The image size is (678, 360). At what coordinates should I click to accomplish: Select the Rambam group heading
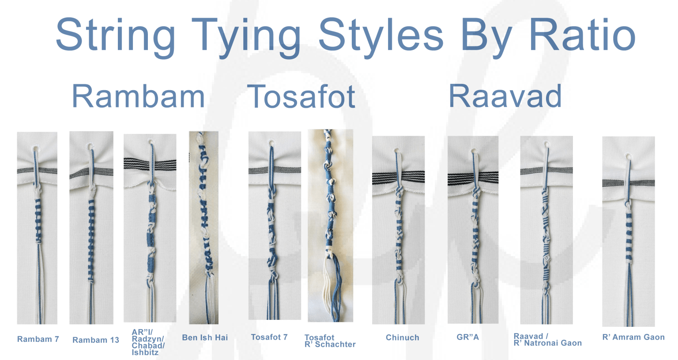click(138, 96)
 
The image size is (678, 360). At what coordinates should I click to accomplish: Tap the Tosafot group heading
click(302, 97)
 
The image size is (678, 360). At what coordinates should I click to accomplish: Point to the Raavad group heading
click(505, 96)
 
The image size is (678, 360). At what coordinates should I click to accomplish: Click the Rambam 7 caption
click(38, 339)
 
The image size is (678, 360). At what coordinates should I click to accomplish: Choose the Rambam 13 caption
click(96, 340)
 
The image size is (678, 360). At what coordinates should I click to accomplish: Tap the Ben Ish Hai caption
click(205, 337)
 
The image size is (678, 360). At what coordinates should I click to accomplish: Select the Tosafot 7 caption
click(269, 337)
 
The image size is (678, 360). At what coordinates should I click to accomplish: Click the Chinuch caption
click(403, 337)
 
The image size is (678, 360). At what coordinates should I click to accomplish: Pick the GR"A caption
click(467, 337)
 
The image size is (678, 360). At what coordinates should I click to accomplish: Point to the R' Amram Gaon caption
click(633, 337)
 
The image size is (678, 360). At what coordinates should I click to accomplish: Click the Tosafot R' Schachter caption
click(330, 341)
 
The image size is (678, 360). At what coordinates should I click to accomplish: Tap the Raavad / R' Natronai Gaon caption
click(547, 339)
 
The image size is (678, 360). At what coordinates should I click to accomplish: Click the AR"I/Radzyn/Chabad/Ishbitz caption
click(148, 342)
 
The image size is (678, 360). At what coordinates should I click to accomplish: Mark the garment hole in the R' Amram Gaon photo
click(628, 156)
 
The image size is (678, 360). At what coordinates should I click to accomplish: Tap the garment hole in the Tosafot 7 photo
click(270, 143)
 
